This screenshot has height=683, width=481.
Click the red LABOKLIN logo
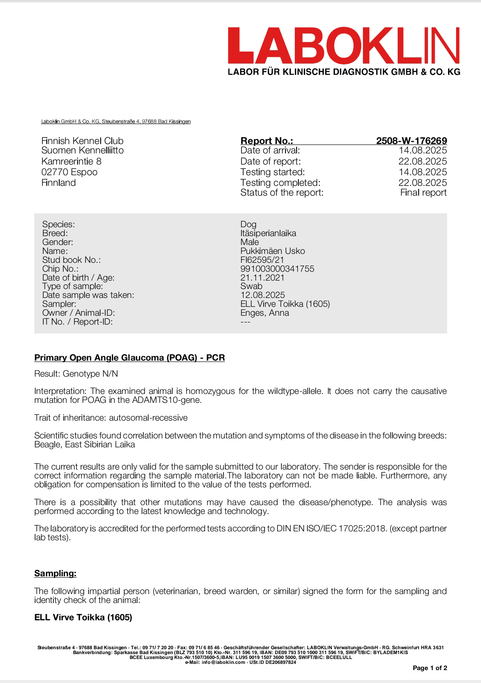pos(343,45)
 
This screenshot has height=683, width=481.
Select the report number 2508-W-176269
pos(411,141)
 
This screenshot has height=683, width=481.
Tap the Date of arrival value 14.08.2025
pos(422,151)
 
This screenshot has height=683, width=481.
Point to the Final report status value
pos(423,193)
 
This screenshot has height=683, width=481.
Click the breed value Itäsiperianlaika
pos(268,233)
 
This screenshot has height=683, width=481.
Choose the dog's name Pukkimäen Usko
pos(273,251)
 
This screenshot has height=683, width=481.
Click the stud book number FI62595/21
pos(262,260)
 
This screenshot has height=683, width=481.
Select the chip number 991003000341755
pos(277,269)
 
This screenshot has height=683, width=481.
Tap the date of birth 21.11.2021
pos(262,278)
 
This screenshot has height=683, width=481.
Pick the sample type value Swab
pos(251,286)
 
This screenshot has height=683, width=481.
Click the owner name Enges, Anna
pos(265,313)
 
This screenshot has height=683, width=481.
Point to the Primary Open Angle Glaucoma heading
pos(129,358)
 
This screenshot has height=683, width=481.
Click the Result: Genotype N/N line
pos(76,374)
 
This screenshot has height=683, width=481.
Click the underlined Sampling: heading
pos(55,574)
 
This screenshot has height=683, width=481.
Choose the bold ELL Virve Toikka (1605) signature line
pos(83,618)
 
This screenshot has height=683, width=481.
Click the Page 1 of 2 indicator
pos(430,668)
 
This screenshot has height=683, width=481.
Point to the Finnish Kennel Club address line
pos(82,141)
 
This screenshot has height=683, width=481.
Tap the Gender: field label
pos(57,242)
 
